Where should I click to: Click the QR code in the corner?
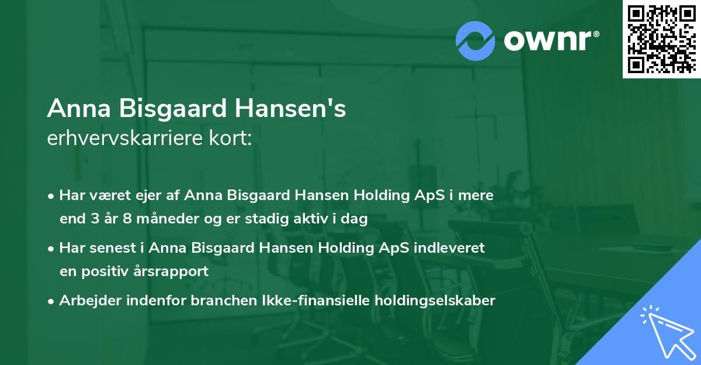662,39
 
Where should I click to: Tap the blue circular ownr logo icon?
476,41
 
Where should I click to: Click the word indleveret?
450,248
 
